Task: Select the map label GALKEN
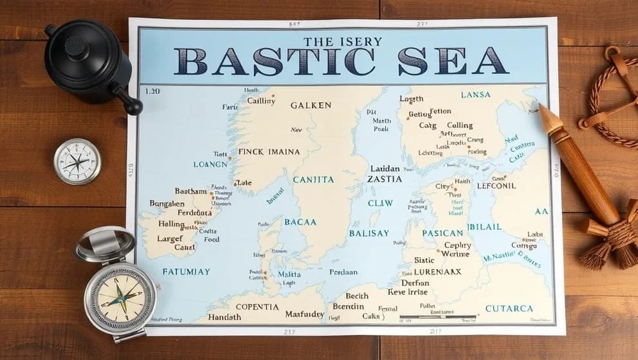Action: [311, 105]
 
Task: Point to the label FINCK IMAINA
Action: [269, 152]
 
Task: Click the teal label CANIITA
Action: [313, 179]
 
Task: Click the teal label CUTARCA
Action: [509, 309]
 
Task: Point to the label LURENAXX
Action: [437, 271]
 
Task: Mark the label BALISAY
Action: [369, 233]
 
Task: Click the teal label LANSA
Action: [475, 94]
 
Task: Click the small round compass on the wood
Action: [77, 161]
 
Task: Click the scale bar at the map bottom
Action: [437, 317]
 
